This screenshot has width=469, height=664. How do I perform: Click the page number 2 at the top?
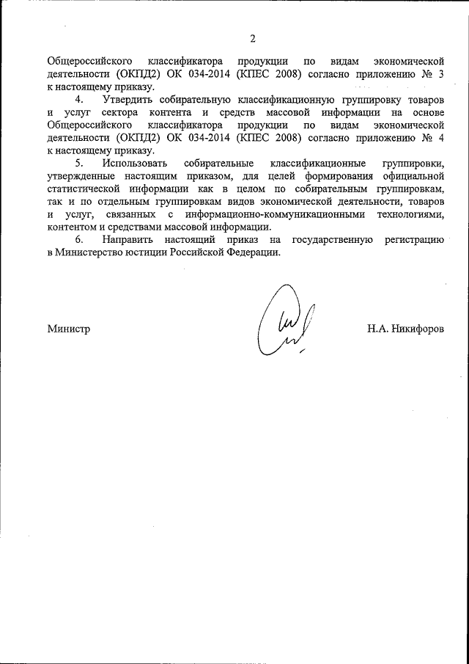coord(253,39)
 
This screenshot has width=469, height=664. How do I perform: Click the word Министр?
coord(69,329)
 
